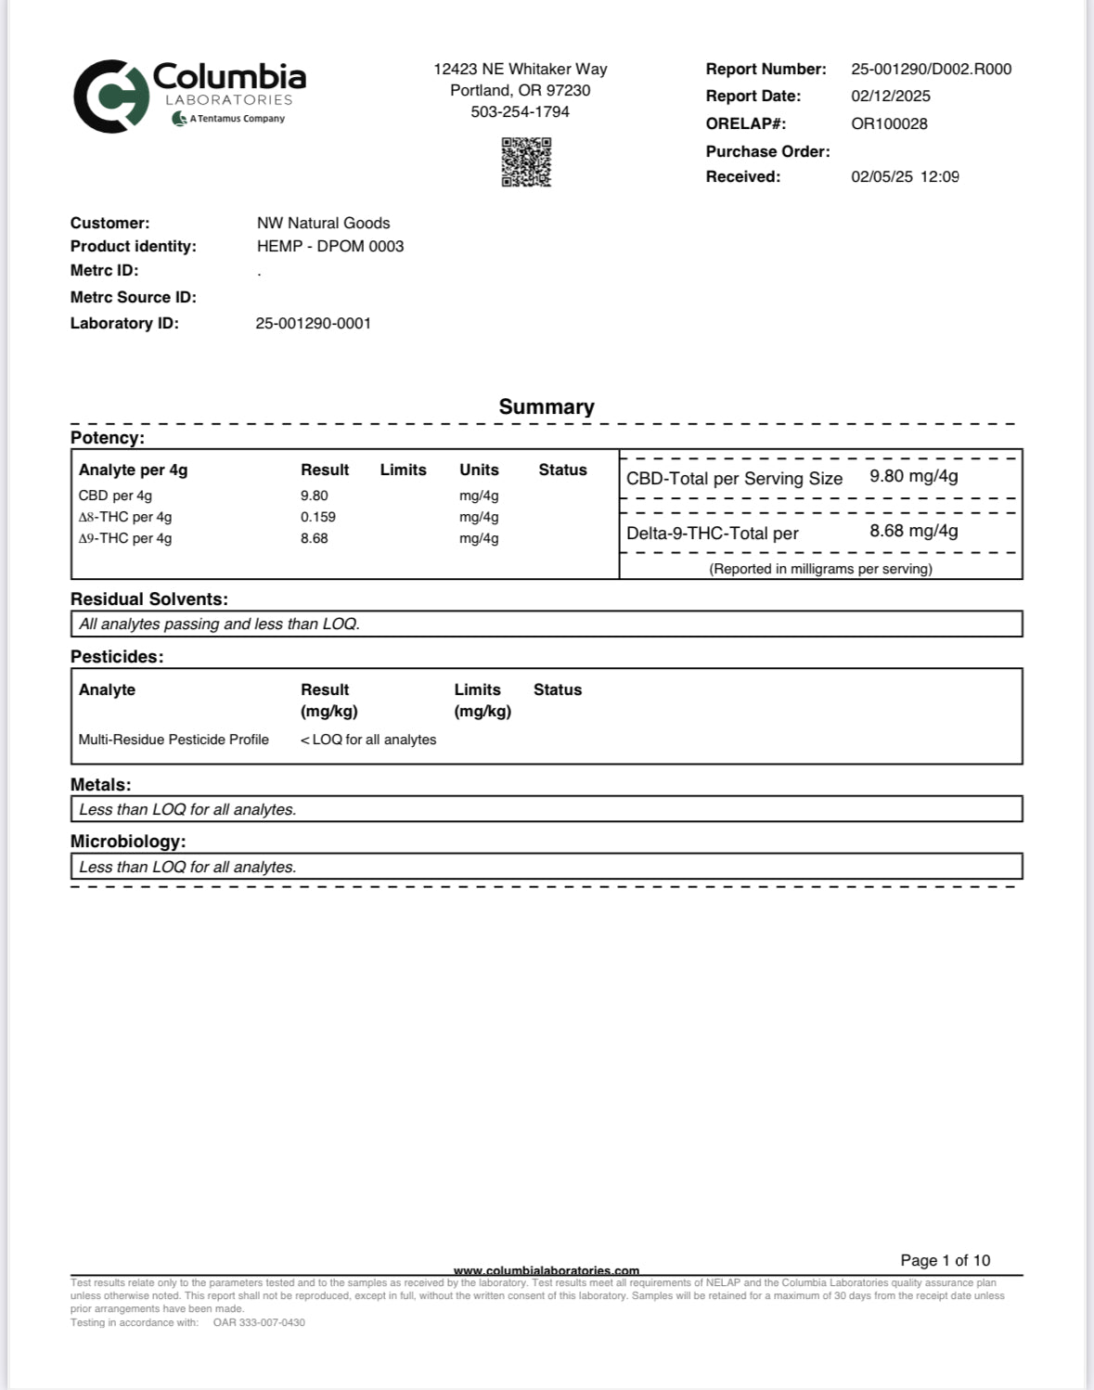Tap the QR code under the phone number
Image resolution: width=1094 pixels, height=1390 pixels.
526,162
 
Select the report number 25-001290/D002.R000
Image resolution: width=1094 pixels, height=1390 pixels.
931,69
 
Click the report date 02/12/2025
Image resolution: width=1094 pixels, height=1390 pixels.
890,96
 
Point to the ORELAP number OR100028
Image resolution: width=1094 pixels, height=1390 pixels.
889,123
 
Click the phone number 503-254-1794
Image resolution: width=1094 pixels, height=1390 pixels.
520,111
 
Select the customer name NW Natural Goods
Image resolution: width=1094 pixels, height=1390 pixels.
323,223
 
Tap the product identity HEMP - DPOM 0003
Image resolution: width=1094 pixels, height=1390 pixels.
330,246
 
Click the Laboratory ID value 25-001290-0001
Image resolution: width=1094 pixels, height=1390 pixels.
313,323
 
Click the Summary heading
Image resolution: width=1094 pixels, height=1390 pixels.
546,406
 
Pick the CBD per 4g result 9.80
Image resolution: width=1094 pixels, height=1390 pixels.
314,496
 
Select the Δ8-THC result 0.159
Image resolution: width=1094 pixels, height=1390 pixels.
317,517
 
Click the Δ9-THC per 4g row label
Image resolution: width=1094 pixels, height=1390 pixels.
125,538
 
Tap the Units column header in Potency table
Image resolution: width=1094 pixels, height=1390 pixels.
479,470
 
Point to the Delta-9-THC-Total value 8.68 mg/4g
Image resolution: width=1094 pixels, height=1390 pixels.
913,531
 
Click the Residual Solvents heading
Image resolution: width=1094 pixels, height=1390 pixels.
148,599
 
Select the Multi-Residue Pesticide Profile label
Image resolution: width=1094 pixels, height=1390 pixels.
174,740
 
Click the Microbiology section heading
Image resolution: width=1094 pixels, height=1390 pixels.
128,842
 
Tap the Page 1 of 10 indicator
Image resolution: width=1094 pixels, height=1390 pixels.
945,1260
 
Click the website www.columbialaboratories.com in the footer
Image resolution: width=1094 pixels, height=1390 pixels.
546,1270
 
